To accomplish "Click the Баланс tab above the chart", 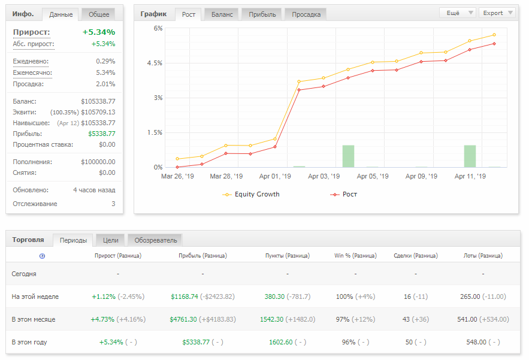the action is [x=222, y=14].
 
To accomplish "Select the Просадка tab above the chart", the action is [x=306, y=14].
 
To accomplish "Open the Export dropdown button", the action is [x=497, y=13].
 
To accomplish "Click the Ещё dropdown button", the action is [x=458, y=13].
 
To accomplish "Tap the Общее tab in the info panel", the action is [x=98, y=14].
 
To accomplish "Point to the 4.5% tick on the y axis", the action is [x=155, y=63].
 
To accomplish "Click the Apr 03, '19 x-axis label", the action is [x=324, y=176].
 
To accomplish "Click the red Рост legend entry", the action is [x=343, y=194].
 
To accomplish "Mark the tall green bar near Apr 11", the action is [x=470, y=156].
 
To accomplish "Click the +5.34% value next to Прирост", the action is [x=99, y=32].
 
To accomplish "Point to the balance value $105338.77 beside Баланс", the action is [x=98, y=101].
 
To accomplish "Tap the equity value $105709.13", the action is [x=98, y=112].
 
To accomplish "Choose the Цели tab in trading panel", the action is [x=110, y=240].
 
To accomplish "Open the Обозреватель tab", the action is [x=156, y=240].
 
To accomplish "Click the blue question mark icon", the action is [x=42, y=256].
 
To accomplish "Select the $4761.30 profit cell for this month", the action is [x=183, y=319].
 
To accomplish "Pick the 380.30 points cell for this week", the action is [x=274, y=297].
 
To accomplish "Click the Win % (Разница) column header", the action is [x=355, y=256].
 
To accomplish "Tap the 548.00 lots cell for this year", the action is [x=476, y=342].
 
